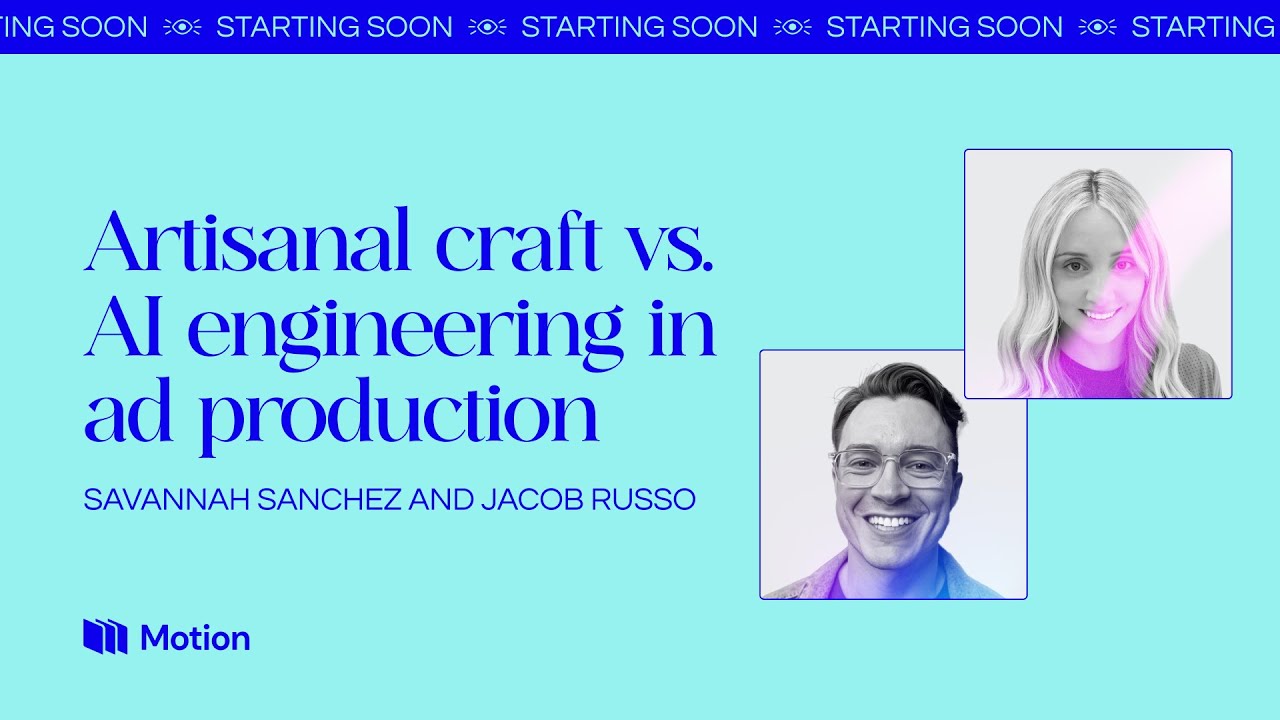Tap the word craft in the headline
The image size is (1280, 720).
pyautogui.click(x=519, y=242)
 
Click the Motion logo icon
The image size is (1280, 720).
pyautogui.click(x=105, y=637)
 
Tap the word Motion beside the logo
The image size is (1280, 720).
pyautogui.click(x=195, y=638)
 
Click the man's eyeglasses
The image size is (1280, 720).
pyautogui.click(x=892, y=467)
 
